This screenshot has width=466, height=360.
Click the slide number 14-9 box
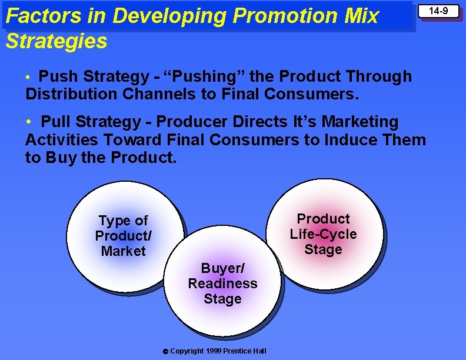coord(438,11)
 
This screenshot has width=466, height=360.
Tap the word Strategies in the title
coord(56,41)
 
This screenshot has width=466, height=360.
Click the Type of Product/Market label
coord(123,236)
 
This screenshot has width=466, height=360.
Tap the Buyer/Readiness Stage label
coord(222,284)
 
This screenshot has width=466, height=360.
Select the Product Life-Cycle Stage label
coord(323,234)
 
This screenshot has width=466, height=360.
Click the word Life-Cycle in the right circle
coord(323,234)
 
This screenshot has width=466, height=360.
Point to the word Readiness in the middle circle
coord(222,284)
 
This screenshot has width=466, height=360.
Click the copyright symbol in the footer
coord(165,352)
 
